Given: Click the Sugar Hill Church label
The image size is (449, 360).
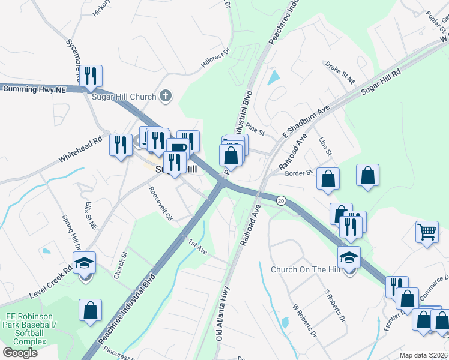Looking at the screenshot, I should [x=124, y=96].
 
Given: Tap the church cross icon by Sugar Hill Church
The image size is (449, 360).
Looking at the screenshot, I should [x=166, y=95].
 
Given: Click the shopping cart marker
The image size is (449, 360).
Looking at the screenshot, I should [x=427, y=232].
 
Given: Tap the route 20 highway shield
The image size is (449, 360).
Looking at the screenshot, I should [x=280, y=200].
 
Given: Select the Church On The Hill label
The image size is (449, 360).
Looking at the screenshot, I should [x=304, y=269].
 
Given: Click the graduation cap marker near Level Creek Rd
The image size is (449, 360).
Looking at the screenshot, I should [x=85, y=262].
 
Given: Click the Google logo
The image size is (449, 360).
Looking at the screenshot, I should [x=20, y=352].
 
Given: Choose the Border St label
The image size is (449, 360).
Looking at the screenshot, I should [x=300, y=173].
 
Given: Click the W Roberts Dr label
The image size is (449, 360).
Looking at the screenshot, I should [x=304, y=320].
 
